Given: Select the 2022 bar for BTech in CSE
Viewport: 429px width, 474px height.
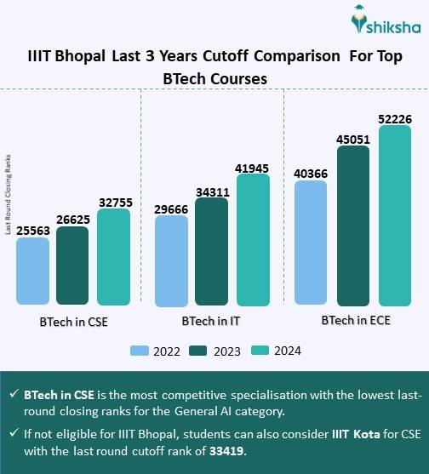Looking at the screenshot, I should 33,271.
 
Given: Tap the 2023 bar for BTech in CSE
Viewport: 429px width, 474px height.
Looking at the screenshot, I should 73,266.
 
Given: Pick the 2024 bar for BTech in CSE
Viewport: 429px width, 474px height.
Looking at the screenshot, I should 113,256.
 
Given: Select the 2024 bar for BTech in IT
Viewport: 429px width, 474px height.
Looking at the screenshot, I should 253,239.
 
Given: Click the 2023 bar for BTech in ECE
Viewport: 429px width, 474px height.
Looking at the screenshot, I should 352,226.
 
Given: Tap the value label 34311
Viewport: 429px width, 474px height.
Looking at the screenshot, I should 212,191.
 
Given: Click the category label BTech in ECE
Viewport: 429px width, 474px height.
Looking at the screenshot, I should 351,322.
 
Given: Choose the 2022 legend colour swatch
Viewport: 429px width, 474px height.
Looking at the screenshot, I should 141,350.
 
